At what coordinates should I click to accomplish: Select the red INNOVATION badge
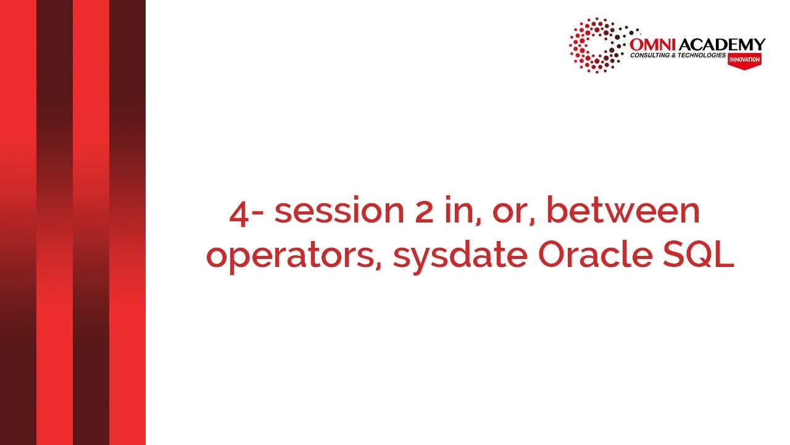pos(744,60)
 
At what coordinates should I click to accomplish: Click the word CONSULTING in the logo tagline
pos(650,56)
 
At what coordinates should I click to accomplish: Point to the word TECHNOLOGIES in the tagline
pos(702,56)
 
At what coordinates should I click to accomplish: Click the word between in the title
pos(623,211)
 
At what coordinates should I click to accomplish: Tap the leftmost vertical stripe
pos(18,222)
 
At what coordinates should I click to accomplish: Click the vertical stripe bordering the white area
pos(127,222)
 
